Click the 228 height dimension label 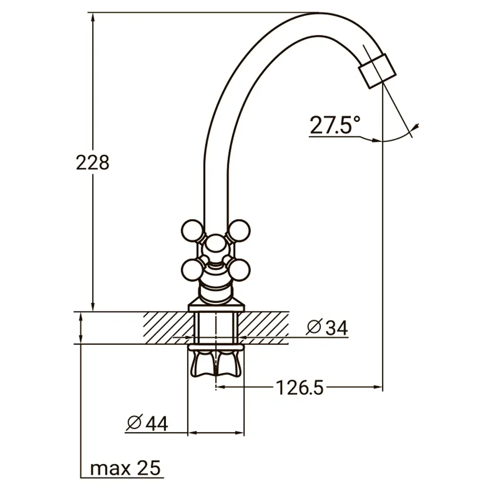93,163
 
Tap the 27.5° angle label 335,125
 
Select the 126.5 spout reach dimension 300,387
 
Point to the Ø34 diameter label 327,328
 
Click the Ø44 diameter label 147,423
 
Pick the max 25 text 125,468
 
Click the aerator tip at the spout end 377,70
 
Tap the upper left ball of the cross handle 192,231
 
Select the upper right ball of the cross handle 240,231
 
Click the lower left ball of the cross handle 192,270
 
